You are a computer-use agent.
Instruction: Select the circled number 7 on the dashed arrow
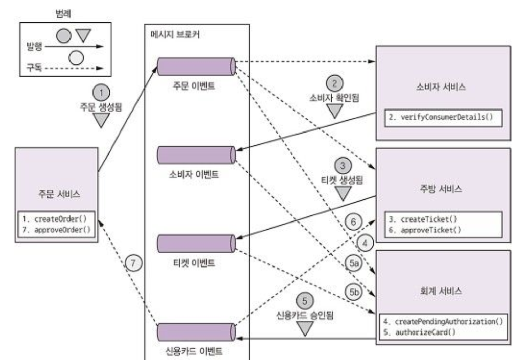click(133, 262)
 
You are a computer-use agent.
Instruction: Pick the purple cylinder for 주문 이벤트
click(196, 65)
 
